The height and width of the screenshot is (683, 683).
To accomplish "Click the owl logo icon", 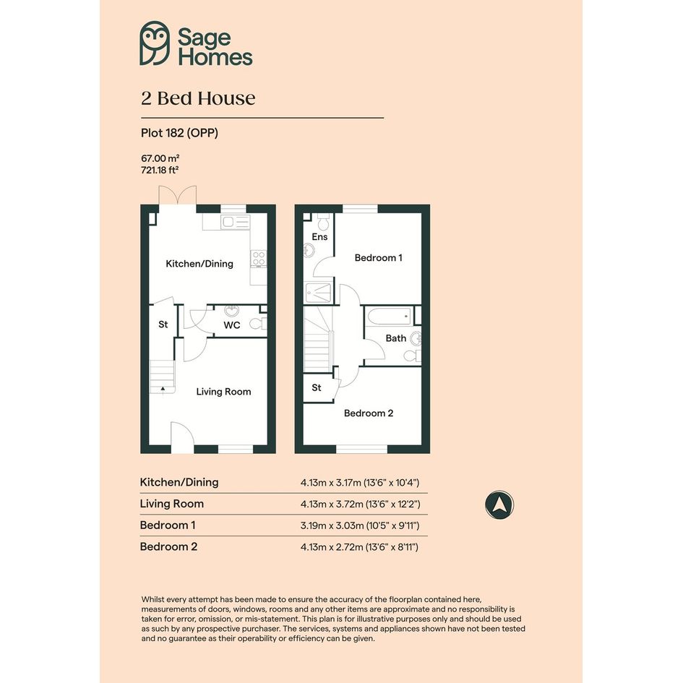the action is click(x=155, y=43).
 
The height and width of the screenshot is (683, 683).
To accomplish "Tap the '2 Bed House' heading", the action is click(x=198, y=98).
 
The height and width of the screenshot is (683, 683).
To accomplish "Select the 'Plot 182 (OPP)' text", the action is click(x=179, y=133).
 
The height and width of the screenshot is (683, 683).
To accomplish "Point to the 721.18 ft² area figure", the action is click(x=160, y=170).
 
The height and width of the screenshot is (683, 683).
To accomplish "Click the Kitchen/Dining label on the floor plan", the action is click(x=199, y=264).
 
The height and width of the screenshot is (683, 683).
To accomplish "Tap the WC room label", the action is click(x=232, y=325).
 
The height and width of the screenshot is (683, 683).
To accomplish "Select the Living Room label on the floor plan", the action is click(x=223, y=392).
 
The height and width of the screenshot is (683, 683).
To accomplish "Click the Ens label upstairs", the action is click(x=319, y=237).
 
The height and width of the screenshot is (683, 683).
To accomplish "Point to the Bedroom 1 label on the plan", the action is click(x=379, y=258).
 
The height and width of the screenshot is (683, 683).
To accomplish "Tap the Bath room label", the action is click(x=396, y=338).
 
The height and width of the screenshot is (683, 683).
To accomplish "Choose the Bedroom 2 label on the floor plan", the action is click(x=369, y=413).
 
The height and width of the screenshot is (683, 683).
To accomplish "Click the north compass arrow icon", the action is click(x=499, y=505).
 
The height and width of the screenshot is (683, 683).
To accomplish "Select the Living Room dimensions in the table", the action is click(x=360, y=504).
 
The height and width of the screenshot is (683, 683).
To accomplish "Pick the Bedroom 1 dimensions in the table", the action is click(x=360, y=525).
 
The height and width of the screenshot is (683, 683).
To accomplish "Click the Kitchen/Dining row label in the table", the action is click(x=179, y=482).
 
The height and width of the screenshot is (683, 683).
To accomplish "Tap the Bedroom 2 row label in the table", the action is click(x=168, y=546).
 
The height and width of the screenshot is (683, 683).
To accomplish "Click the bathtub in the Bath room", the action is click(x=389, y=317).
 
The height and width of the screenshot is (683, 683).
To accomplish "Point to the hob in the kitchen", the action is click(x=258, y=258).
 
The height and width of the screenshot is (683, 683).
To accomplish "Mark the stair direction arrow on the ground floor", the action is click(x=163, y=388).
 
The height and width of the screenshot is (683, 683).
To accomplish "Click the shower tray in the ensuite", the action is click(x=319, y=293).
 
